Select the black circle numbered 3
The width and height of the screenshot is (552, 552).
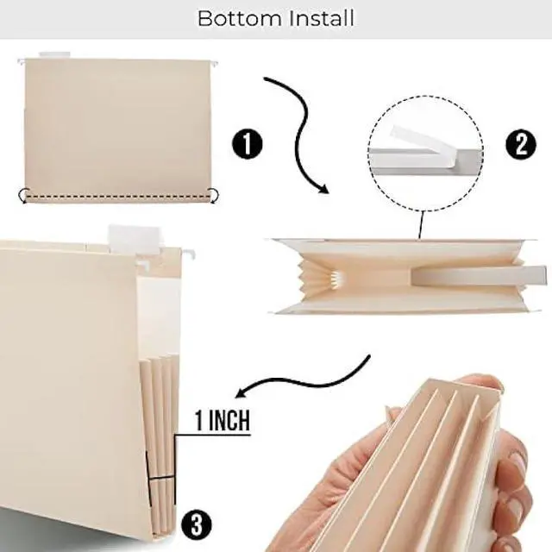point(197,523)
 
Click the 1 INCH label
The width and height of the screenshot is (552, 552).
point(222,421)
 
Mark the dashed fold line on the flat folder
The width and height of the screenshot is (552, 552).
point(116,197)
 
